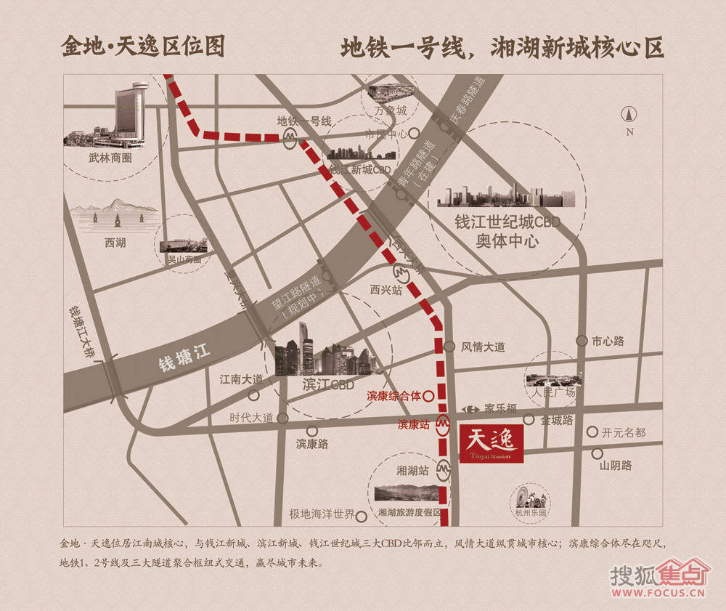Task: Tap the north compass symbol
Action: tap(629, 115)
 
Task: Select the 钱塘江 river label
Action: tap(184, 358)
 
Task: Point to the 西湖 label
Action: tap(115, 243)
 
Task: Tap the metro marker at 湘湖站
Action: tap(443, 471)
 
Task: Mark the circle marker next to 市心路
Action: tap(582, 341)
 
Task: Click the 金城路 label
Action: tap(557, 420)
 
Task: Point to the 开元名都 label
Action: tap(623, 432)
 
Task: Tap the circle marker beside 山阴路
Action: tap(596, 453)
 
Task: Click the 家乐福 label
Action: tap(499, 408)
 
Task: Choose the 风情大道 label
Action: tap(483, 347)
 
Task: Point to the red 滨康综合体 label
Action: tap(393, 397)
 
